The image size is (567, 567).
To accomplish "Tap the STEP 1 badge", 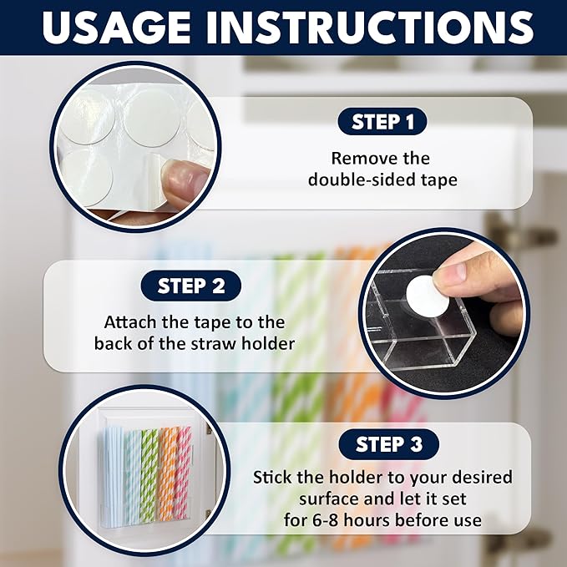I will point(382,122).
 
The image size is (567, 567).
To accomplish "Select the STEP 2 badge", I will point(194,286).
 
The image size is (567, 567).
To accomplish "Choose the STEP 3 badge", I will point(382,444).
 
